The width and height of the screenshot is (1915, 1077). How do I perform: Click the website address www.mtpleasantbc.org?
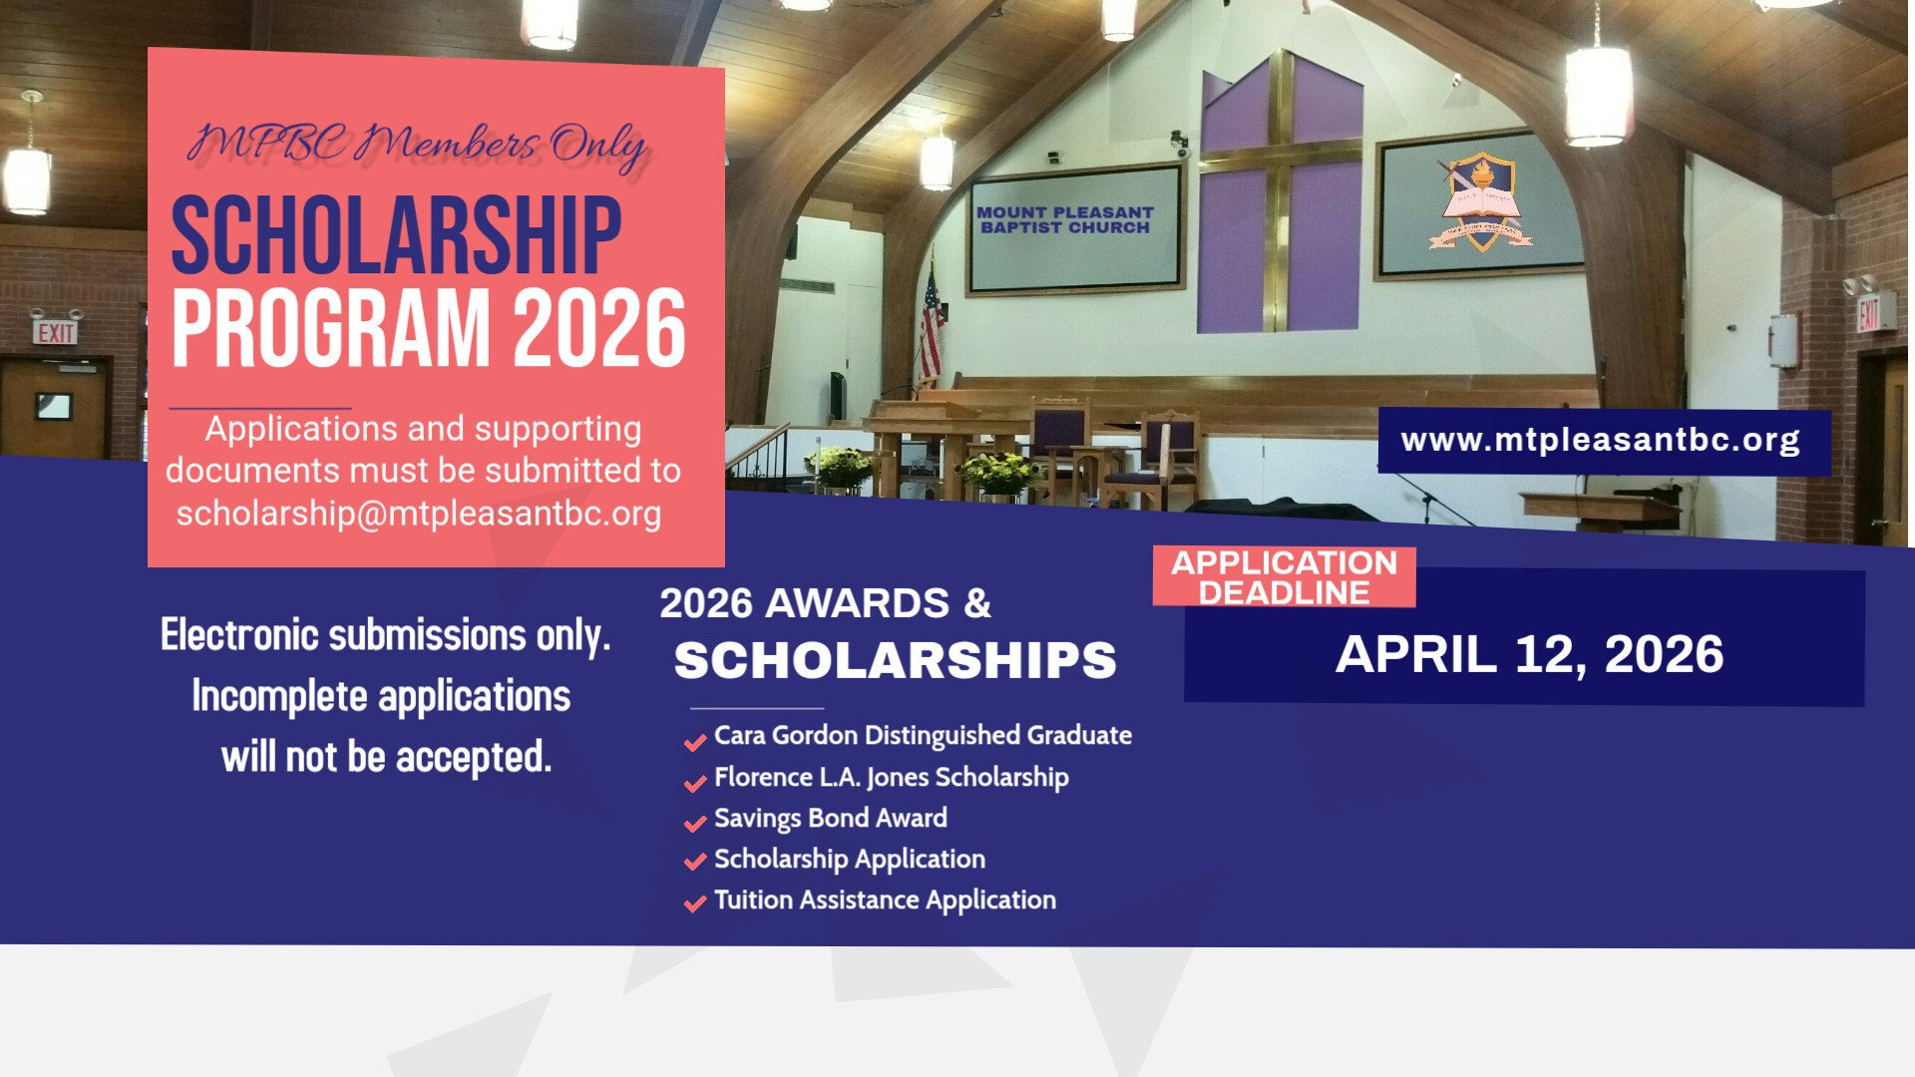tap(1600, 441)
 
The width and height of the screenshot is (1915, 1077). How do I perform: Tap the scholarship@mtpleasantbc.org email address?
tap(419, 514)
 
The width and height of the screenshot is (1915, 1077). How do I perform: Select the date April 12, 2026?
tap(1529, 654)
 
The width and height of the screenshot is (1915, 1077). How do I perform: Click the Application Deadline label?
tap(1284, 577)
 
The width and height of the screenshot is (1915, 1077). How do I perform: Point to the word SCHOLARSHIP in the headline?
tap(396, 235)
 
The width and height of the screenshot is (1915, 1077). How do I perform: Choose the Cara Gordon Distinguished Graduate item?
tap(923, 736)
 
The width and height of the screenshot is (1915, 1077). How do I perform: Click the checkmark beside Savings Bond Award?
tap(695, 824)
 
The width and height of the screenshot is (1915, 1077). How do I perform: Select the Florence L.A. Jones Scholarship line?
tap(891, 778)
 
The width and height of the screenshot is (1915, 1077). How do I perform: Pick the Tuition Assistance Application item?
tap(885, 900)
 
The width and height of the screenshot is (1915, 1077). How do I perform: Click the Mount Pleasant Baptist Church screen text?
tap(1064, 220)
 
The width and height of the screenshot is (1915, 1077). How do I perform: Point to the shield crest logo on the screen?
tap(1481, 202)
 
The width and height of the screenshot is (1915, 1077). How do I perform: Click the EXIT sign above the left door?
tap(55, 332)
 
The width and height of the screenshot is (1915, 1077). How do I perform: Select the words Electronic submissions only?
tap(385, 635)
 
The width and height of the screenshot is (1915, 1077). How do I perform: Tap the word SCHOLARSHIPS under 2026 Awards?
tap(895, 660)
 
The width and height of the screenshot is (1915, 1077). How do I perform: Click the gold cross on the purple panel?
tap(1281, 189)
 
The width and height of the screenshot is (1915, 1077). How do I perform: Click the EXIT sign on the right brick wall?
tap(1868, 313)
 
